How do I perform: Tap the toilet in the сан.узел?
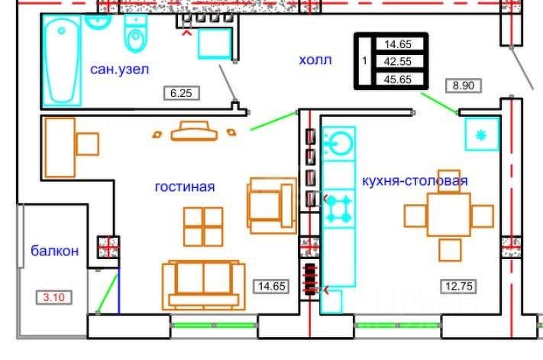pyautogui.click(x=134, y=31)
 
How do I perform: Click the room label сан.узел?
pyautogui.click(x=119, y=70)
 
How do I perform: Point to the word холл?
pyautogui.click(x=315, y=60)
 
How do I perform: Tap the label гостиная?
pyautogui.click(x=184, y=186)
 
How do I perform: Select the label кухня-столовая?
pyautogui.click(x=415, y=181)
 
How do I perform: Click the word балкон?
pyautogui.click(x=54, y=251)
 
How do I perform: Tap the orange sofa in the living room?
pyautogui.click(x=202, y=285)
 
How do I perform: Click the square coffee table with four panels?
pyautogui.click(x=204, y=226)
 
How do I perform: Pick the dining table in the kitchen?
pyautogui.click(x=449, y=216)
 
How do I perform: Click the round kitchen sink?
pyautogui.click(x=338, y=142)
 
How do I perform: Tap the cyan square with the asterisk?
pyautogui.click(x=481, y=135)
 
